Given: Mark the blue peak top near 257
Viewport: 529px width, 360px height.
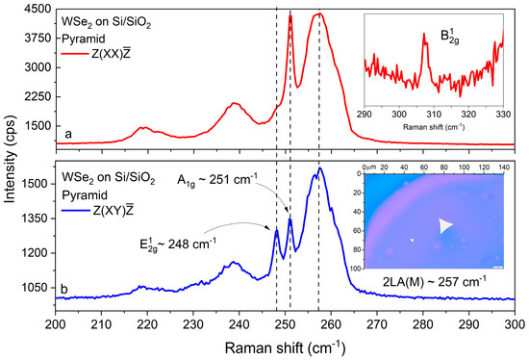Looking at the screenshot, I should [319, 169].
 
